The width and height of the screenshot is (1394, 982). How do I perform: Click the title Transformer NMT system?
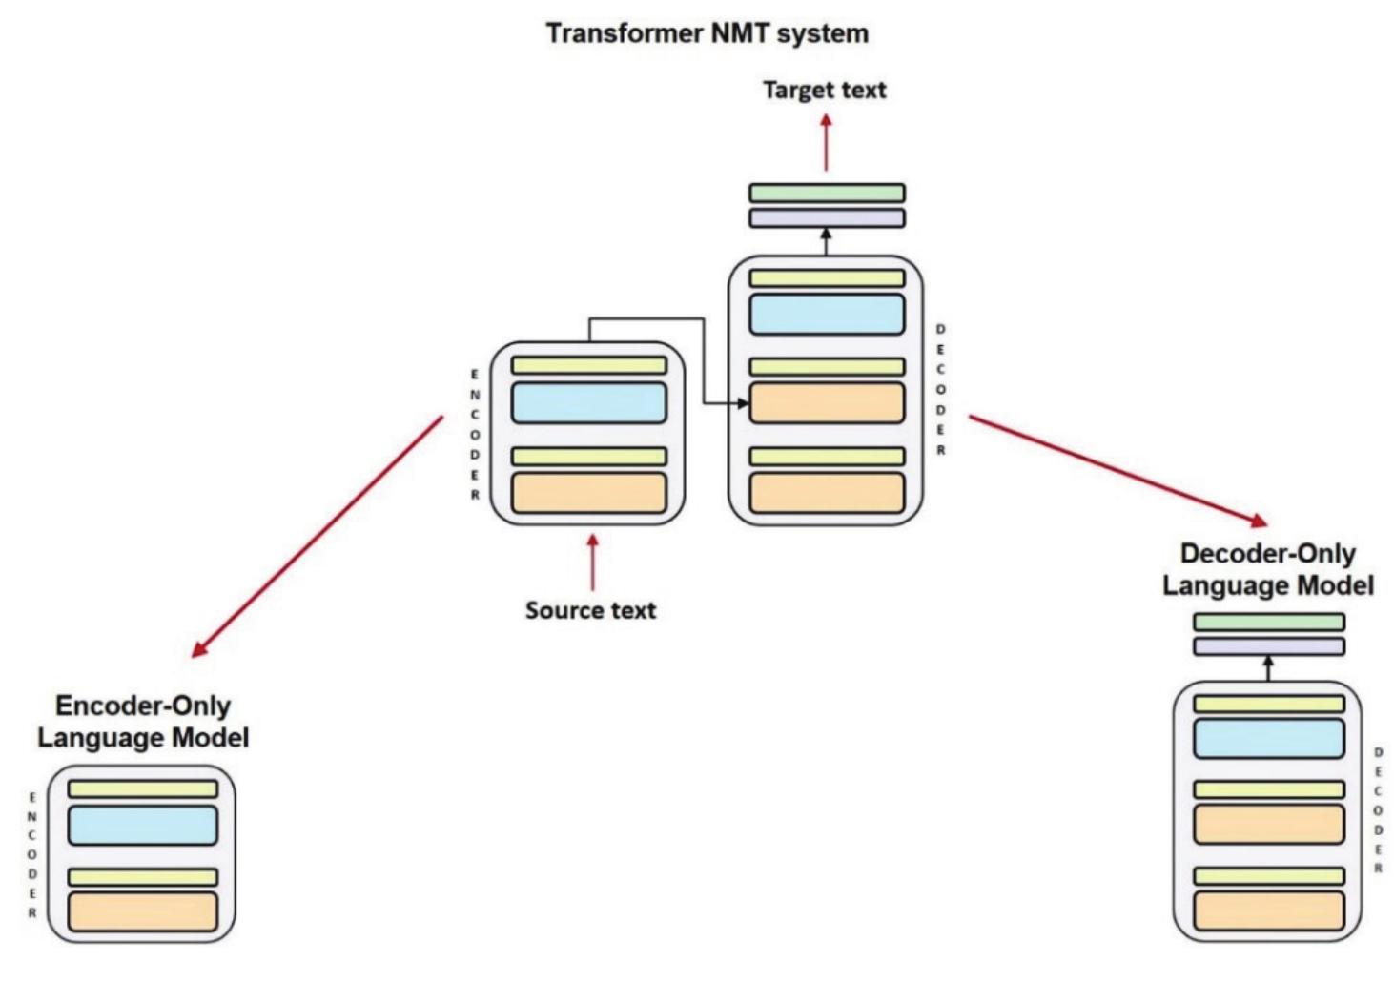click(x=707, y=33)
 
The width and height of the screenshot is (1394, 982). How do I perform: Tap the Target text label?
click(x=824, y=90)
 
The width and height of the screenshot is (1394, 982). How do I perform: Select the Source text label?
click(x=590, y=610)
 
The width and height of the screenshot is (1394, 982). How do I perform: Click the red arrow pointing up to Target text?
click(x=826, y=143)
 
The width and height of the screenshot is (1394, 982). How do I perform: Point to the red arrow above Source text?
click(x=592, y=563)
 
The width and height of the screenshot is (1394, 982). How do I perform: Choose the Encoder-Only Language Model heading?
click(x=143, y=722)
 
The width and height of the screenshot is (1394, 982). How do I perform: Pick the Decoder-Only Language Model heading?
click(x=1267, y=569)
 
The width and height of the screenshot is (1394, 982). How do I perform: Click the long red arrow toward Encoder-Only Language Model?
click(x=317, y=537)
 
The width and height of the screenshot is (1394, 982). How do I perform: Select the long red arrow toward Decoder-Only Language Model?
click(x=1117, y=470)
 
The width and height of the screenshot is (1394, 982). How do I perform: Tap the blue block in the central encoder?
click(x=588, y=403)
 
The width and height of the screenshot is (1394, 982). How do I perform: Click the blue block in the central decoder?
click(x=826, y=315)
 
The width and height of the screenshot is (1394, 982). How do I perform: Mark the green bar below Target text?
click(x=826, y=193)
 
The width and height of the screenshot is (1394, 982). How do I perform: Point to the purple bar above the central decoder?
click(x=826, y=218)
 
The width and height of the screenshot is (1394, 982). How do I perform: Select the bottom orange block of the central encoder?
click(x=588, y=493)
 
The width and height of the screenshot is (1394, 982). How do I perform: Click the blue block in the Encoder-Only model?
click(x=142, y=826)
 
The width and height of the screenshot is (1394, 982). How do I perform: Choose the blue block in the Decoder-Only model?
click(x=1268, y=739)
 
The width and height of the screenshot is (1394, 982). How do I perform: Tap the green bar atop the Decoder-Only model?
click(x=1268, y=622)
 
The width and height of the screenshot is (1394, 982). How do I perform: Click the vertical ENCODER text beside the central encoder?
click(x=475, y=435)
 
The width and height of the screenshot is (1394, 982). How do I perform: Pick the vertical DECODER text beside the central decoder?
click(x=940, y=389)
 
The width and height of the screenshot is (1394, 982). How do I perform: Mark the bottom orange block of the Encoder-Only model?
click(x=142, y=911)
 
